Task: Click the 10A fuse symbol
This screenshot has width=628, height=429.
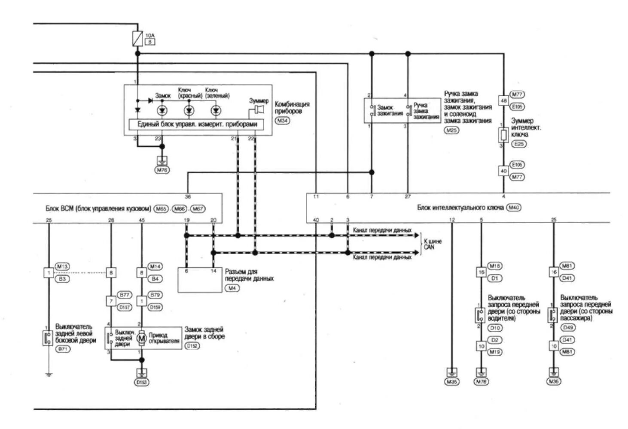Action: (x=137, y=39)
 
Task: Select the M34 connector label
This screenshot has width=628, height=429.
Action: (x=282, y=121)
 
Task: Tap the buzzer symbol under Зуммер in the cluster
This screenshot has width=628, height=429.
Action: (x=258, y=110)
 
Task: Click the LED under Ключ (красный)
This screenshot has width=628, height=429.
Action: (x=189, y=111)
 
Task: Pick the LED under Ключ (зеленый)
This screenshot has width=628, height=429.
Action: (x=216, y=111)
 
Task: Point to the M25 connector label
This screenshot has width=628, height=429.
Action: (x=451, y=130)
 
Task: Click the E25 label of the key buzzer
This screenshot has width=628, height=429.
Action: (x=519, y=144)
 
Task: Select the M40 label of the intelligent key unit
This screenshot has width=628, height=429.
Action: (x=513, y=208)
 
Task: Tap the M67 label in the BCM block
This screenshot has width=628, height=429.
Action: (x=197, y=209)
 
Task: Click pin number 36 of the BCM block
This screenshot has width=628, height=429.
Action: (x=188, y=197)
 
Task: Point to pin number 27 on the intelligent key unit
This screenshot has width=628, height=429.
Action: (x=408, y=196)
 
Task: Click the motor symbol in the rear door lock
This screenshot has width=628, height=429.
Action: (x=141, y=338)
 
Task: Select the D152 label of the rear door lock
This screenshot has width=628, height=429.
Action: (x=192, y=346)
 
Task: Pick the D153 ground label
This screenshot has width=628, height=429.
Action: (x=142, y=382)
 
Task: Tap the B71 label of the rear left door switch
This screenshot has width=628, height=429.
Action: (x=63, y=349)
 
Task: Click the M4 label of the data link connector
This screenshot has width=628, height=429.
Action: (x=232, y=288)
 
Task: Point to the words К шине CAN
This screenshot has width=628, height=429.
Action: (x=432, y=244)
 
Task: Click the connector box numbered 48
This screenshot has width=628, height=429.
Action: (x=503, y=100)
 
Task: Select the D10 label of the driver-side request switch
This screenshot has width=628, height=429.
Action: (x=495, y=328)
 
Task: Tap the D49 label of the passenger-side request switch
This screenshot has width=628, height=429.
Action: (x=568, y=328)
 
